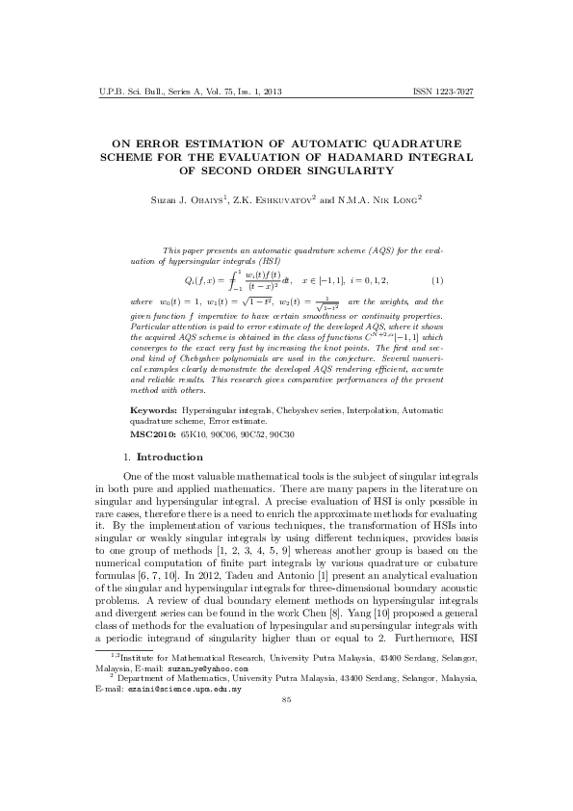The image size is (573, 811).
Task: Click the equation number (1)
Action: [437, 280]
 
